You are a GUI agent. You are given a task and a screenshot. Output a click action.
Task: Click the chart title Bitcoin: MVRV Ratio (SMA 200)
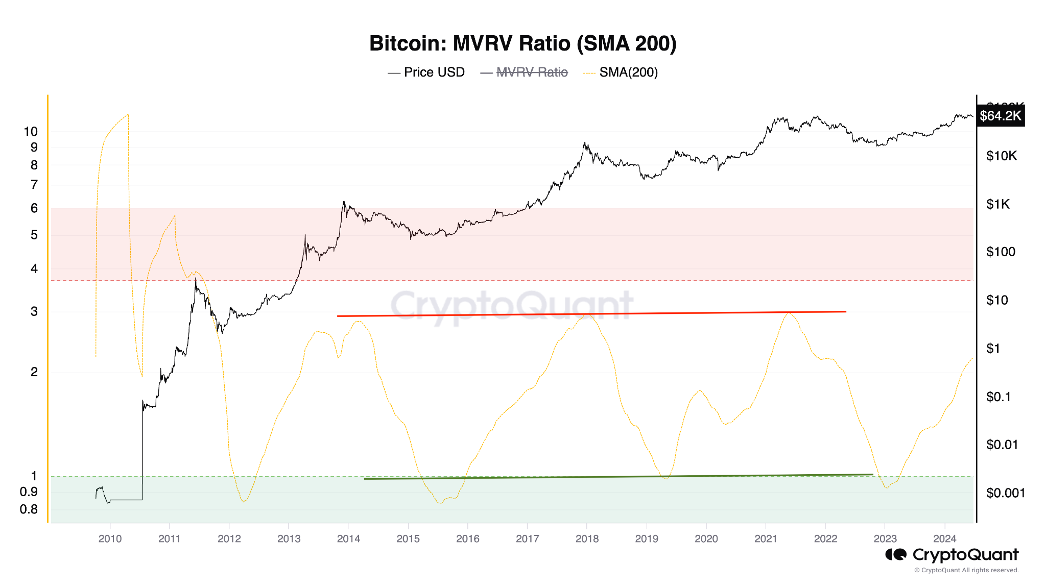(x=522, y=44)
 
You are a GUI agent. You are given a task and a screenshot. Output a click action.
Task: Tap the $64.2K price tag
(x=1000, y=116)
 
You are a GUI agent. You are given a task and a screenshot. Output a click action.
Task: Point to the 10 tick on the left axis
(x=31, y=132)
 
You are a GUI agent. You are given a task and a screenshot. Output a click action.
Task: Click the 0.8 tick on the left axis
(x=29, y=509)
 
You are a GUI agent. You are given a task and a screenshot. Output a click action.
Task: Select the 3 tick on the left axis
(x=34, y=311)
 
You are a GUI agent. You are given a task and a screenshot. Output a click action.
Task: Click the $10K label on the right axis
(x=1001, y=156)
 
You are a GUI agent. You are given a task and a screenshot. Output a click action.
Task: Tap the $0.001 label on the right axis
(x=1005, y=493)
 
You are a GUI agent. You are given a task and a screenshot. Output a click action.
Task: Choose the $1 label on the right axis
(x=993, y=349)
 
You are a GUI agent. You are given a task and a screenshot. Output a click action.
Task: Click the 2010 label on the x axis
(x=110, y=539)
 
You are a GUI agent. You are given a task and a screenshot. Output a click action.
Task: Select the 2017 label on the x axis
(x=527, y=539)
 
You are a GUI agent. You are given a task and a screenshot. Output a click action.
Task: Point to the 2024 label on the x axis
(x=944, y=539)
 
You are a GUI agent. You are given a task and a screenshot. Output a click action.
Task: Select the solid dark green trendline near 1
(x=618, y=477)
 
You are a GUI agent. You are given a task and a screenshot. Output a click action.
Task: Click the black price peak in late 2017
(x=584, y=143)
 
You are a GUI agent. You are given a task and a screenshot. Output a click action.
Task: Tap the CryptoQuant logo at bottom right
(x=952, y=555)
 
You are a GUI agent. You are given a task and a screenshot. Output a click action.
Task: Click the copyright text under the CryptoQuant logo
(x=966, y=570)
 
